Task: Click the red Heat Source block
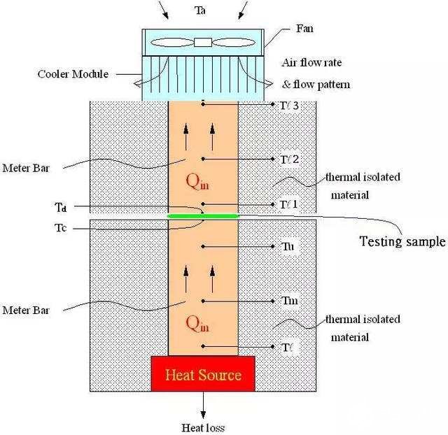(x=203, y=373)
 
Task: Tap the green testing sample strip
(x=203, y=216)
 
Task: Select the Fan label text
(x=304, y=29)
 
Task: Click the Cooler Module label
(x=73, y=74)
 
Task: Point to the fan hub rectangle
(x=203, y=42)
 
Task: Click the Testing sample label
(x=402, y=241)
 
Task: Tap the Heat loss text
(x=203, y=427)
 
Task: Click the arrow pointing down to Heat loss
(x=203, y=405)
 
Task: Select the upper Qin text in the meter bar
(x=197, y=182)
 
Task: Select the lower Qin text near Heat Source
(x=197, y=325)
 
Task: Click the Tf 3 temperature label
(x=289, y=106)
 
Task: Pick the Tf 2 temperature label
(x=289, y=159)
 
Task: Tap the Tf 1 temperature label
(x=288, y=204)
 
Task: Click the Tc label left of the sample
(x=61, y=228)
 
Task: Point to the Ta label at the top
(x=200, y=10)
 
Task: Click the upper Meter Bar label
(x=26, y=168)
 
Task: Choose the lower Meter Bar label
(x=26, y=310)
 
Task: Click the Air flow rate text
(x=311, y=62)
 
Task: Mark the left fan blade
(x=172, y=43)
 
